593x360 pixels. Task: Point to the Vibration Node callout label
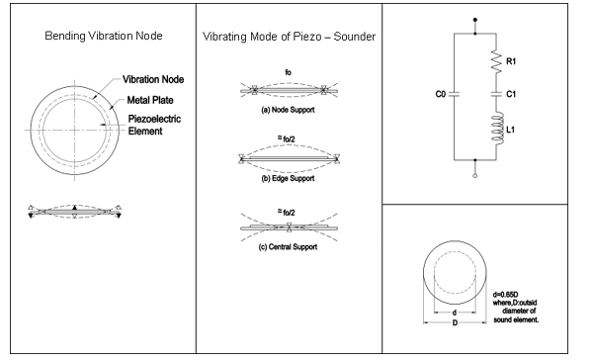157,78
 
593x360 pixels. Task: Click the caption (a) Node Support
284,111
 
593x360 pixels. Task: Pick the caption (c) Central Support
284,246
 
